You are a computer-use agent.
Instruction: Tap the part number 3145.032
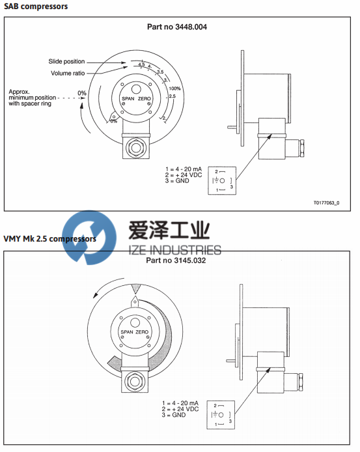click(179, 261)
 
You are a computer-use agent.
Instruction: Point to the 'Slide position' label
click(66, 61)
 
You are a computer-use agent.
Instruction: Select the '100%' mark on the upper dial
click(174, 88)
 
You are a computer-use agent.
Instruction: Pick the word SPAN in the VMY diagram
click(123, 333)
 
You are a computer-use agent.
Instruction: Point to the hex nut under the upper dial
click(135, 147)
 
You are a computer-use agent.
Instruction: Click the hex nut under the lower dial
click(135, 380)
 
